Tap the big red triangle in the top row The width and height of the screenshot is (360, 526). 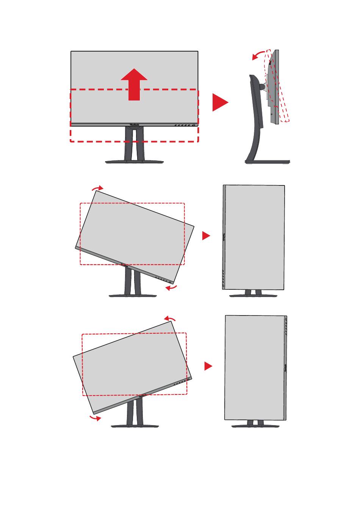(219, 102)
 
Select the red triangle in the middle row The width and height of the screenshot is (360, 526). (205, 236)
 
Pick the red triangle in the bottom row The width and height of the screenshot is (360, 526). (208, 366)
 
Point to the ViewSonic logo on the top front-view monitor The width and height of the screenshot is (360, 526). (134, 124)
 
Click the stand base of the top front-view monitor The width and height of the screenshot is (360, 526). (134, 162)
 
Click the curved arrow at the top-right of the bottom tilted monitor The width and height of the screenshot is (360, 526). (169, 318)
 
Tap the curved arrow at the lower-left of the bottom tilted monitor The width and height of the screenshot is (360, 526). (95, 418)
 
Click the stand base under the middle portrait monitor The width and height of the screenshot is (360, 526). (253, 295)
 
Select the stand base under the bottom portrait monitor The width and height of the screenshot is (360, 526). (255, 426)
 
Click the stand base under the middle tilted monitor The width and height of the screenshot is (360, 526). (133, 295)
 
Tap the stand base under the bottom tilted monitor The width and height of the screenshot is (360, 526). (135, 426)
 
